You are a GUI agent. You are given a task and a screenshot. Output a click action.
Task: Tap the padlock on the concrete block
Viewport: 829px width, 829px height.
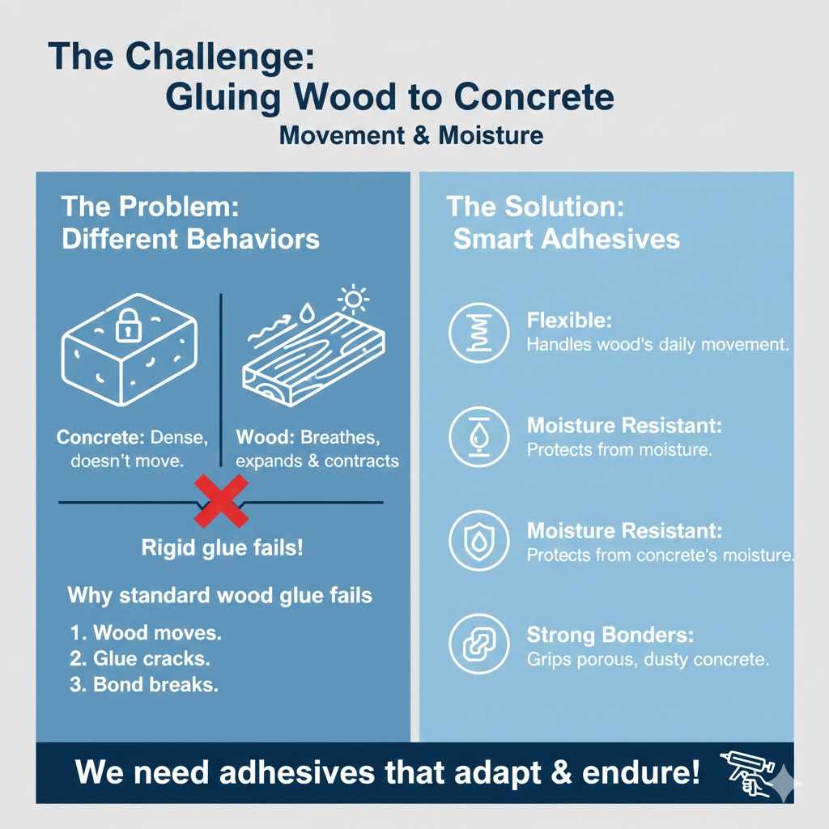tap(129, 327)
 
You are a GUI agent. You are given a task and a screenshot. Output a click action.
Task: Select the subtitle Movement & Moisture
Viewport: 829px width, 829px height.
tap(410, 135)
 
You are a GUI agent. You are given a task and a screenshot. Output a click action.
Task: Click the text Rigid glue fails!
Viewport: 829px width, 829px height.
tap(222, 547)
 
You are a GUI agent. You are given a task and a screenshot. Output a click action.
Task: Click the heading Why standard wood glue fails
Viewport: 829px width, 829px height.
tap(219, 596)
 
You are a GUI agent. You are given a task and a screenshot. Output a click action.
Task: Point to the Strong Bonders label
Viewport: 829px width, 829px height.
tap(610, 636)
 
